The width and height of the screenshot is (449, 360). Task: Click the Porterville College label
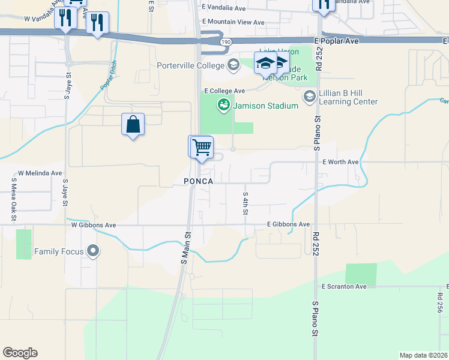click(x=190, y=65)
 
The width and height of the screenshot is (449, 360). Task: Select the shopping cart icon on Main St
click(x=202, y=146)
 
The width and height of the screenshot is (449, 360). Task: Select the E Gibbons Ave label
click(x=288, y=224)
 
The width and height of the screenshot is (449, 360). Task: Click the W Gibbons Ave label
click(x=93, y=225)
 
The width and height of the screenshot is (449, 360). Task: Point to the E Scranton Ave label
click(x=344, y=287)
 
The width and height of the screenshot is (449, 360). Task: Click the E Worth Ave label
click(x=340, y=162)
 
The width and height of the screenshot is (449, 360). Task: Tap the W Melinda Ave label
click(x=40, y=173)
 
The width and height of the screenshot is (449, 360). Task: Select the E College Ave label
click(x=224, y=91)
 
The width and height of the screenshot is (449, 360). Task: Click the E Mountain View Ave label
click(x=234, y=22)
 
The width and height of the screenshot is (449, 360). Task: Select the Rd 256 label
click(x=439, y=303)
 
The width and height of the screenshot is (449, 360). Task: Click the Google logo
click(x=20, y=353)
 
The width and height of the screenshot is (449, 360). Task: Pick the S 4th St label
click(x=246, y=203)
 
